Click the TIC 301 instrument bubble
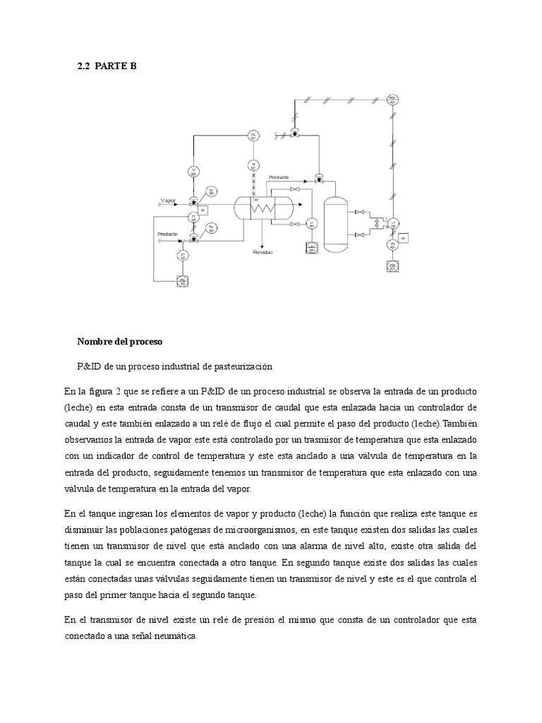[x=253, y=136]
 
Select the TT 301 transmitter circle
[x=193, y=172]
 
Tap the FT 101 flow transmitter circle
[x=183, y=256]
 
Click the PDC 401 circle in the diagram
[x=393, y=100]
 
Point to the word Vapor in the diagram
[x=167, y=201]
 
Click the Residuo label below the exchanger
[x=263, y=251]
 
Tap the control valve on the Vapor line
[x=193, y=201]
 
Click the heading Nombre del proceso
[x=120, y=342]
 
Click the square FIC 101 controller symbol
[x=182, y=281]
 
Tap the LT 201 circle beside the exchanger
[x=312, y=225]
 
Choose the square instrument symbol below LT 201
[x=311, y=247]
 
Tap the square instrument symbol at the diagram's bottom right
[x=393, y=266]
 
